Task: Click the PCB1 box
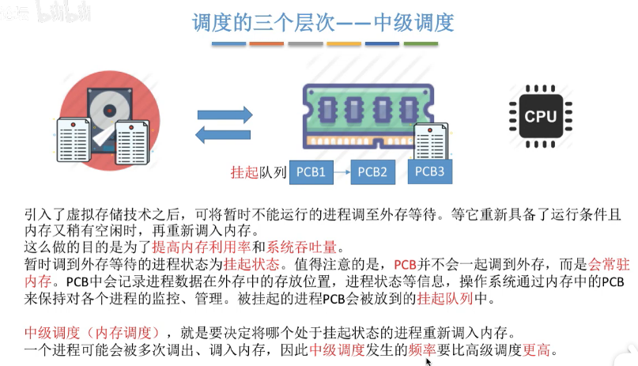click(x=311, y=172)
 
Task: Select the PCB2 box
click(x=372, y=172)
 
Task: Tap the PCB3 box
click(x=429, y=172)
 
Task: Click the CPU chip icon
click(x=540, y=116)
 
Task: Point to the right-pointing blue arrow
click(x=225, y=115)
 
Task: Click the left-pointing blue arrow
click(x=223, y=134)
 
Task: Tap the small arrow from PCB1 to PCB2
click(x=342, y=172)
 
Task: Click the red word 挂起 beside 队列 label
click(x=244, y=172)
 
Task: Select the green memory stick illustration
click(x=368, y=116)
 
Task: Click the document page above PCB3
click(x=431, y=141)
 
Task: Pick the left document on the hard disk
click(x=74, y=139)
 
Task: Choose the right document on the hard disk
click(x=132, y=142)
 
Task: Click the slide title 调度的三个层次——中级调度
click(x=323, y=22)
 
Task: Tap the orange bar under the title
click(x=266, y=43)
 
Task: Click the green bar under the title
click(x=421, y=43)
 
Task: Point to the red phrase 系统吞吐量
click(x=301, y=247)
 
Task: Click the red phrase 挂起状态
click(x=251, y=264)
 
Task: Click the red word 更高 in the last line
click(x=536, y=349)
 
